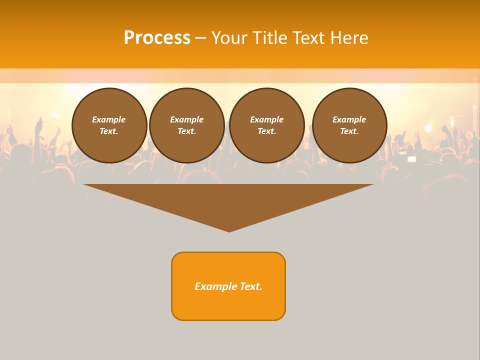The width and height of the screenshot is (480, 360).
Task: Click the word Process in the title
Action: point(157,38)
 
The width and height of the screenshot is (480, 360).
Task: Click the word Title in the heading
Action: point(269,38)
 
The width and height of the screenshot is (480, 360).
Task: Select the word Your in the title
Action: point(230,38)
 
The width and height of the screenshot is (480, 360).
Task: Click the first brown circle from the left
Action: point(109,125)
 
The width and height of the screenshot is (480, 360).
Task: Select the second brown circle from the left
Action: point(187,125)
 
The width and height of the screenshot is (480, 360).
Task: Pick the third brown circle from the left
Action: point(266,125)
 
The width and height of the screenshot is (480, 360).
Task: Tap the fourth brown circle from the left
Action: point(349,125)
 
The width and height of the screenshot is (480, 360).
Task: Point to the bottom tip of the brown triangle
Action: point(229,231)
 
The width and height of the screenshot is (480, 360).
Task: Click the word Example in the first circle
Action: point(109,120)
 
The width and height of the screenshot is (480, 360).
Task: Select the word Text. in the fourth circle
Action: point(349,131)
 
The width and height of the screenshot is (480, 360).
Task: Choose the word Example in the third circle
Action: point(266,120)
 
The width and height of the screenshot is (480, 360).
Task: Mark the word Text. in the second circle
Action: point(187,131)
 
